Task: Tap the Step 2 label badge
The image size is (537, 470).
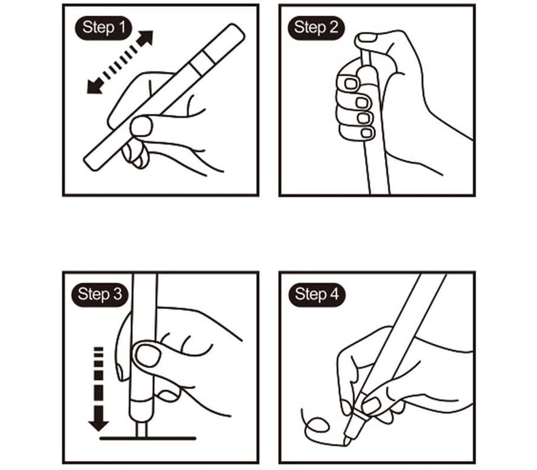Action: coord(316,28)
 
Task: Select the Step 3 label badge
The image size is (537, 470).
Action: coord(100,294)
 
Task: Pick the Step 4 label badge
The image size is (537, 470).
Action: coord(317,294)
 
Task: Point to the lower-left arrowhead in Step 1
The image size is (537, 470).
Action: coord(94,86)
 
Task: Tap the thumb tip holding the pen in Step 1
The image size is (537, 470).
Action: coord(141,126)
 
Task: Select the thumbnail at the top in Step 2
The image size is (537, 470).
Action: coord(368,37)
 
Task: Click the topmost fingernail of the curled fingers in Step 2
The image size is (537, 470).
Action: coord(351,83)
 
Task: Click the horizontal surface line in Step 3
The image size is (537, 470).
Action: coord(148,438)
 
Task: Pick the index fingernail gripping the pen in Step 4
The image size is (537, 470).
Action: coord(371,406)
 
